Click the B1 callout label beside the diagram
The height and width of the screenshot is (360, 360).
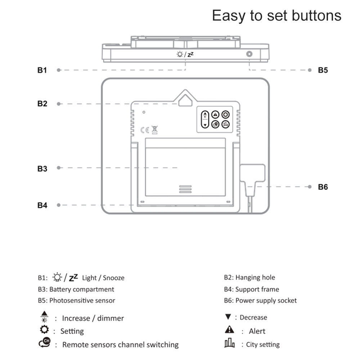(x=42, y=70)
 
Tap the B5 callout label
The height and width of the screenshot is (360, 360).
(x=323, y=70)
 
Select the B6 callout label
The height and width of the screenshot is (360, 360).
(x=323, y=187)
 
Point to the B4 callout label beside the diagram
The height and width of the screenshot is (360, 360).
(x=42, y=205)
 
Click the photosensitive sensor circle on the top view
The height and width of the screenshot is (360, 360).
(x=249, y=54)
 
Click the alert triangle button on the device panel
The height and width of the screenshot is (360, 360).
(x=215, y=114)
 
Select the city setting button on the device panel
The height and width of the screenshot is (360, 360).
(x=226, y=124)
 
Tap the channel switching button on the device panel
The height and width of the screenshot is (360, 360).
(x=215, y=124)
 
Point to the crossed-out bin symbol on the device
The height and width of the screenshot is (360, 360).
(x=155, y=130)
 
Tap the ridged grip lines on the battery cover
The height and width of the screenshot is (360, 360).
(x=185, y=189)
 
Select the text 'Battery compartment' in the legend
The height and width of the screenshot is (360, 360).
(x=82, y=289)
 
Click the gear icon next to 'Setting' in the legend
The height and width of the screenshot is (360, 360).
(x=44, y=329)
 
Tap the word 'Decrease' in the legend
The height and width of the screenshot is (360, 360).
(x=253, y=318)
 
